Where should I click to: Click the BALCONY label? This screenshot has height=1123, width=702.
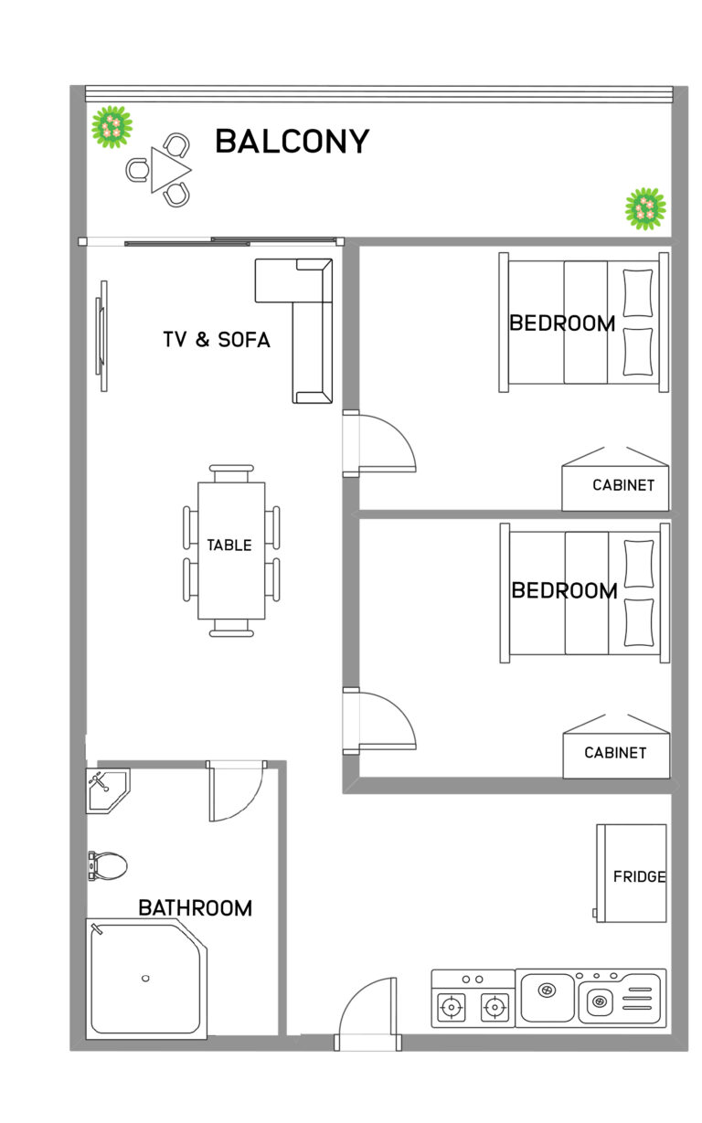[292, 142]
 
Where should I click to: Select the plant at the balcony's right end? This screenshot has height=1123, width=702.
[645, 208]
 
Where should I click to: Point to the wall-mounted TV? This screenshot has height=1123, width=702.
[102, 335]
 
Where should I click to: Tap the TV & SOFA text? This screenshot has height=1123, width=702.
[217, 340]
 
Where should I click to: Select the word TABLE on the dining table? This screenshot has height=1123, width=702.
[229, 546]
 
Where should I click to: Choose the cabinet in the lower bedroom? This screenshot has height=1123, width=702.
[616, 751]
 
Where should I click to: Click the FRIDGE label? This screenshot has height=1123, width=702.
[639, 876]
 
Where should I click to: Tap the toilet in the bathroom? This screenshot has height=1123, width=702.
[107, 864]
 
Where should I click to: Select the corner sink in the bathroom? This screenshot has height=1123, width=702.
[105, 787]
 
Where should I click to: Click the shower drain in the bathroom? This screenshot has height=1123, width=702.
[145, 979]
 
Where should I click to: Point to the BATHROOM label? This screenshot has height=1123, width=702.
[195, 908]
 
